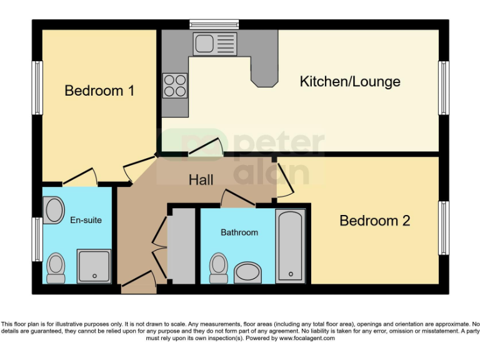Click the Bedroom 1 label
[x=99, y=91]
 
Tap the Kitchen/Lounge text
[x=349, y=81]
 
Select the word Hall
[x=201, y=180]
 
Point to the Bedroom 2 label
[x=374, y=221]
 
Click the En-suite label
[x=86, y=220]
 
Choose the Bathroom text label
[x=239, y=232]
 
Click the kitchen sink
[x=215, y=44]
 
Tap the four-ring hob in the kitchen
[x=175, y=85]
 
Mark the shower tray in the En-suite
[x=94, y=266]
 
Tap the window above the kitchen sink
[x=214, y=24]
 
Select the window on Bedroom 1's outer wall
[x=37, y=88]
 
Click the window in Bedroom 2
[x=444, y=228]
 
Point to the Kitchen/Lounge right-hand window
[x=444, y=88]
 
